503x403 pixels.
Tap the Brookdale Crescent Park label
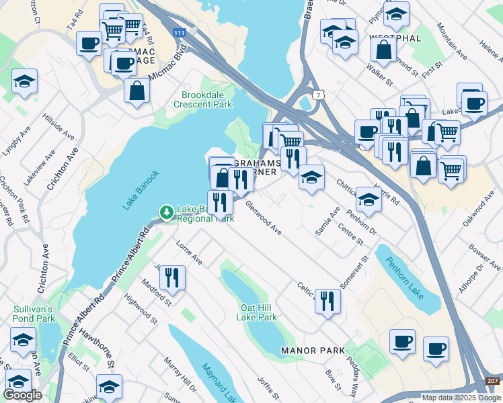point(202,99)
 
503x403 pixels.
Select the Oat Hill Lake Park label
point(259,312)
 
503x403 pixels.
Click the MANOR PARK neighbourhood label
point(313,351)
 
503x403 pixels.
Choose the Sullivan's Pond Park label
point(34,314)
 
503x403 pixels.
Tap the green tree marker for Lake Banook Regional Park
point(166,213)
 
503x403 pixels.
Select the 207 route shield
point(493,382)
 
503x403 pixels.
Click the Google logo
point(23,395)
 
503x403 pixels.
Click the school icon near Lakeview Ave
point(24,81)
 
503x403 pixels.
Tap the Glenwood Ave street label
point(264,218)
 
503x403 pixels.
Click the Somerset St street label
point(354,271)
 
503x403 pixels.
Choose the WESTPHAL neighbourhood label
point(395,38)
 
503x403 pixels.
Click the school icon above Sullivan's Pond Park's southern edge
point(23,340)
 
